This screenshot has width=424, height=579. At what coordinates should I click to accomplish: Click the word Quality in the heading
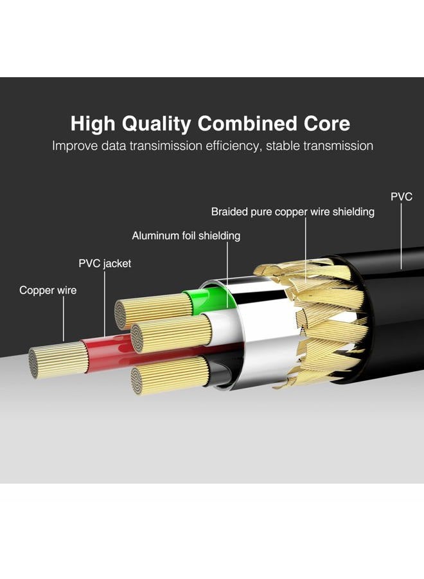[156, 124]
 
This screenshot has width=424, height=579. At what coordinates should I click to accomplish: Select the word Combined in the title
[247, 124]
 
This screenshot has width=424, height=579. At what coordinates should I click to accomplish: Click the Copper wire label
[48, 290]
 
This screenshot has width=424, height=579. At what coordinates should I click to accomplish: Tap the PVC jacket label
[105, 264]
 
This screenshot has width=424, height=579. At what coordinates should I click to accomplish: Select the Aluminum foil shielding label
[186, 235]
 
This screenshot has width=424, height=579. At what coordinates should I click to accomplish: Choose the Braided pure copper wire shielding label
[293, 212]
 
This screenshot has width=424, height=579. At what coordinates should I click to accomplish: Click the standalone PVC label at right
[402, 196]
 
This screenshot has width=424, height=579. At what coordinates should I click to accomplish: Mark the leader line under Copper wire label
[64, 319]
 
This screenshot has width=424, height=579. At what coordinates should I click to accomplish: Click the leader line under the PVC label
[401, 235]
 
